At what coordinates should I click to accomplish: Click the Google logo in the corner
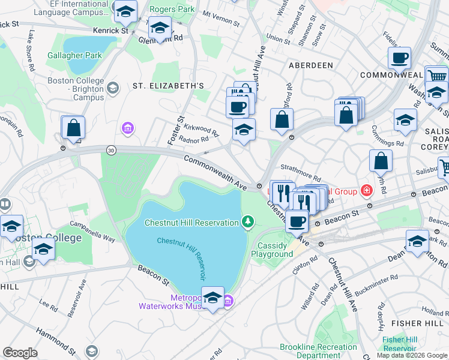point(20,352)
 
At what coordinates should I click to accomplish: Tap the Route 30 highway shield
point(110,149)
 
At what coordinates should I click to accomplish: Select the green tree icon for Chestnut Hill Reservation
point(247,223)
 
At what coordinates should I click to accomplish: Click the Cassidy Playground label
point(275,250)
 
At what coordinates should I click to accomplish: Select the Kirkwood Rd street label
point(201,129)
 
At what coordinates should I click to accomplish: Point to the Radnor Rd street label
point(193,139)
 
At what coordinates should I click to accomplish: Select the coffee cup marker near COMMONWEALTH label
point(399,59)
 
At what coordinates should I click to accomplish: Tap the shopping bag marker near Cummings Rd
point(381,161)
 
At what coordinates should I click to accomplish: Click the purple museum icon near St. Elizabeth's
point(127,127)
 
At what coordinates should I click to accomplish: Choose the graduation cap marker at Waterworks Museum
point(212,298)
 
